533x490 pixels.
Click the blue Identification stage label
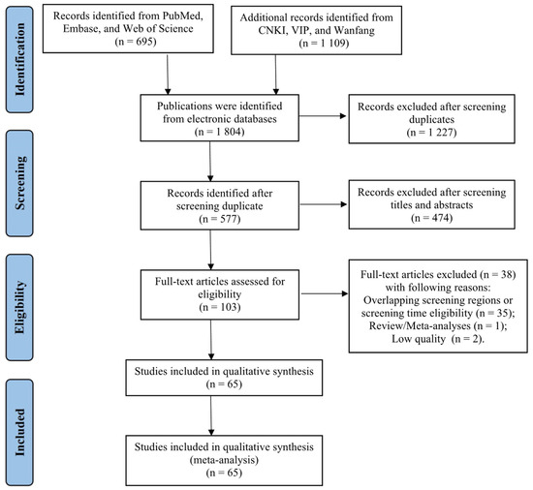[x=19, y=59]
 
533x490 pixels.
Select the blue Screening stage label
[x=19, y=183]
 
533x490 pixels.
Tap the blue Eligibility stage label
[x=19, y=307]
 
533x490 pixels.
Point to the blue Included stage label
[x=19, y=432]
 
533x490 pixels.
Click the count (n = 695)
[x=136, y=42]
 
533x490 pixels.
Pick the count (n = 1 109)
[x=324, y=44]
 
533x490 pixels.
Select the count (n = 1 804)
[x=219, y=132]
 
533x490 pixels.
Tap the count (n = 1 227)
[x=431, y=132]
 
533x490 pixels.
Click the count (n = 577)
[x=220, y=219]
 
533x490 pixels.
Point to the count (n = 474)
[x=431, y=218]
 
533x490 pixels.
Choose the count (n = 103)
[x=220, y=307]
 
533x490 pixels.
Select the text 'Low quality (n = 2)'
[x=438, y=339]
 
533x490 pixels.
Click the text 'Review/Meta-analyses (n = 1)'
[x=438, y=326]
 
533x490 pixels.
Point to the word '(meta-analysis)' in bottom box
[x=224, y=460]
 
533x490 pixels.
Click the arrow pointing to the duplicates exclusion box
[x=323, y=116]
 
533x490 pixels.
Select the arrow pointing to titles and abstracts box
[x=324, y=204]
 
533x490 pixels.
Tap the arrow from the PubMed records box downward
[x=168, y=75]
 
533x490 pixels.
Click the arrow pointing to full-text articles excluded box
[x=325, y=293]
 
